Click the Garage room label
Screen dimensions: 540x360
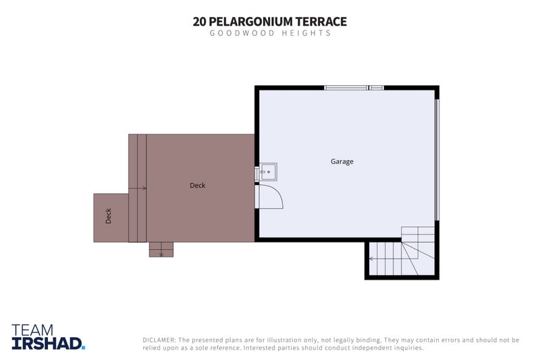(342, 161)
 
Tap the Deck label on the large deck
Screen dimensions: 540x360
(197, 185)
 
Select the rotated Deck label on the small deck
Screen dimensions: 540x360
(109, 216)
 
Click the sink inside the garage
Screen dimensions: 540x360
(267, 172)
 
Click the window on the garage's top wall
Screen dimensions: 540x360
(354, 88)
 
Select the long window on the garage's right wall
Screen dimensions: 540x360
(437, 159)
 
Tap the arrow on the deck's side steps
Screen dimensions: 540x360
(138, 188)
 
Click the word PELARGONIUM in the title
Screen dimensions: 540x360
(250, 22)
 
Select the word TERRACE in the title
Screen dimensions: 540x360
(321, 22)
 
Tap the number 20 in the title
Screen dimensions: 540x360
(199, 22)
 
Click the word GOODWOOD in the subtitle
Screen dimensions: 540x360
(242, 33)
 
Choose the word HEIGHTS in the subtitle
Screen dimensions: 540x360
(306, 33)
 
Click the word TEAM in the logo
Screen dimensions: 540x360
(32, 330)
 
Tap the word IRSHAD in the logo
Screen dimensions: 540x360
(47, 344)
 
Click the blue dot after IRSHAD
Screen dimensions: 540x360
(83, 348)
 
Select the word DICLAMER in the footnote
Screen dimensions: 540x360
(159, 340)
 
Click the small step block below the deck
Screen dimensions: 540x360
(161, 249)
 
